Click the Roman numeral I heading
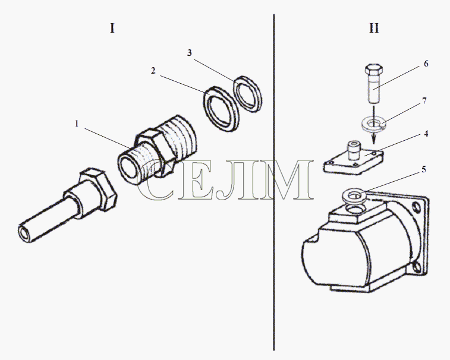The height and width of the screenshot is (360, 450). tap(112, 28)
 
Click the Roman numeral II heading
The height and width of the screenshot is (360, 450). tap(374, 28)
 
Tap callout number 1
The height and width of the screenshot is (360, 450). tap(77, 124)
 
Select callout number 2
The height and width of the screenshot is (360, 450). tap(153, 71)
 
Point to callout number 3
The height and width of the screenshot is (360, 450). tap(190, 53)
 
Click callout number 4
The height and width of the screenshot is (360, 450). tap(426, 134)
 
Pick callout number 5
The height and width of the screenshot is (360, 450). tap(424, 169)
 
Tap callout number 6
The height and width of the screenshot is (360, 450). tap(426, 64)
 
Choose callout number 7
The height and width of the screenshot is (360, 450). tap(425, 101)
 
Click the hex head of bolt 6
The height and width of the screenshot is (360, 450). tap(374, 69)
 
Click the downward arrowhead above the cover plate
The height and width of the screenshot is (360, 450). tap(374, 139)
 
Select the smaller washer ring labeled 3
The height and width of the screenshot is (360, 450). tap(248, 93)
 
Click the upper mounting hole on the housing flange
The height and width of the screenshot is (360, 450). tap(416, 207)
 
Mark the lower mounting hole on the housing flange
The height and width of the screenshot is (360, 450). tap(417, 268)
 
